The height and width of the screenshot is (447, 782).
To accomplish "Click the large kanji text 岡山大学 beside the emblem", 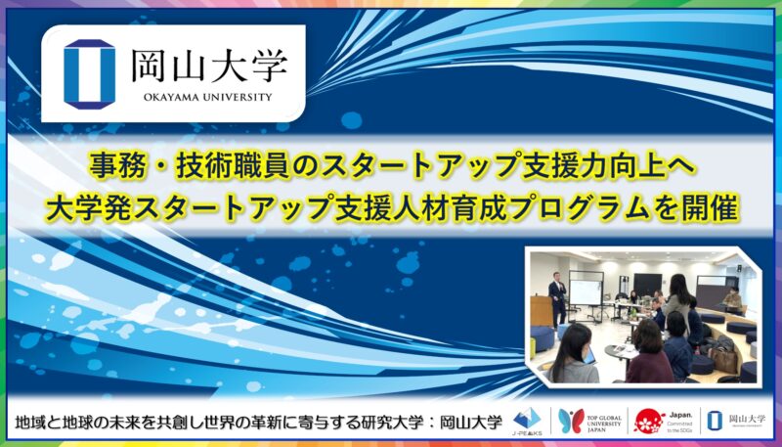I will pos(208,65).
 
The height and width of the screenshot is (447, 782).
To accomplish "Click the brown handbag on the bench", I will pos(724,359).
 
